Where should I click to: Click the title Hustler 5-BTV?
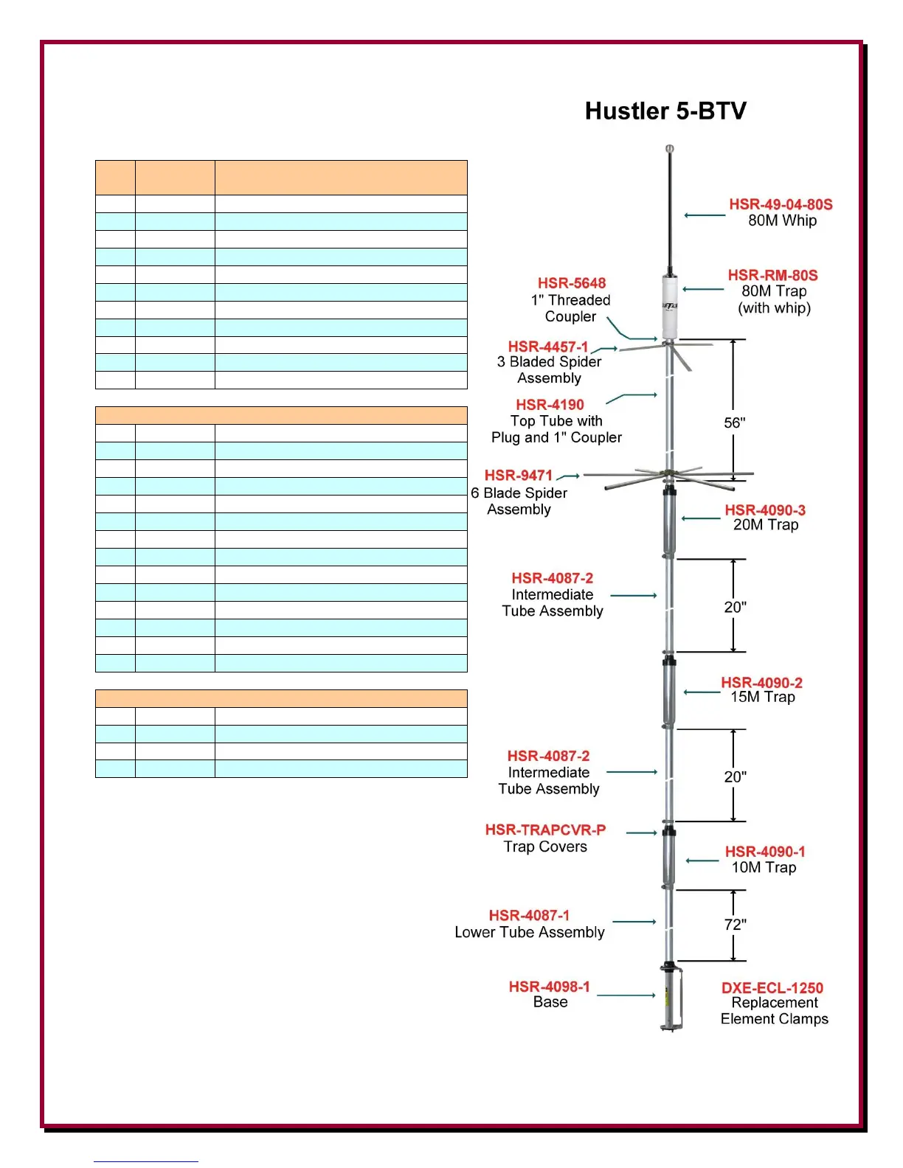(665, 111)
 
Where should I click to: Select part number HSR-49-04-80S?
(781, 204)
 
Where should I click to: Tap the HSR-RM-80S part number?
(772, 275)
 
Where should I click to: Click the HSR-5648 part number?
(571, 283)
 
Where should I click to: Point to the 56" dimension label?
(734, 423)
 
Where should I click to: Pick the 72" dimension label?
(735, 925)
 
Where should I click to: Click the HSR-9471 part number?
(518, 476)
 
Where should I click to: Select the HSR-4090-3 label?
(764, 510)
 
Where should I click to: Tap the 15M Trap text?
(763, 698)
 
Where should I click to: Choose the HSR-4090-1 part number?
(764, 852)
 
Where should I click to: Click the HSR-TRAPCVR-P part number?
(545, 830)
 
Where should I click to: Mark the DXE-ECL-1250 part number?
(772, 988)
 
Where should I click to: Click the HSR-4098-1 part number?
(549, 987)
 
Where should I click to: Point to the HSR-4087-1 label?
(529, 916)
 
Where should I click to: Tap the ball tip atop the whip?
(670, 150)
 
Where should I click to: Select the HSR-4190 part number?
(550, 405)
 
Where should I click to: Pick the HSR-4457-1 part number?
(547, 347)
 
